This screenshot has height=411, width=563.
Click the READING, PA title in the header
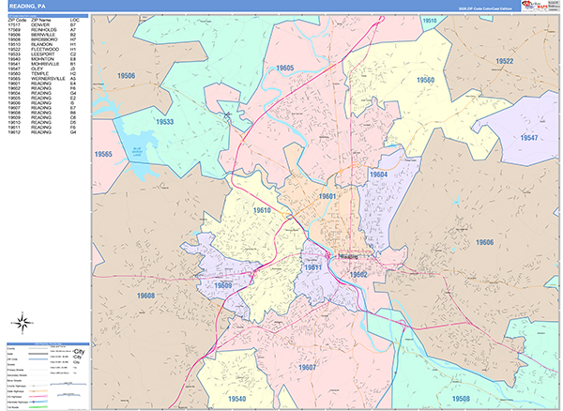pos(26,7)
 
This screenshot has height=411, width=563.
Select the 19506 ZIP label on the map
pos(126,76)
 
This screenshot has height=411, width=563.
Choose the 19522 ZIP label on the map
pos(504,61)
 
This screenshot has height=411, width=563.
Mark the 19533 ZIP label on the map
pos(165,122)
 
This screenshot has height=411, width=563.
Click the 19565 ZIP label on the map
pos(103,154)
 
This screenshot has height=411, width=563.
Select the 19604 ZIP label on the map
pos(379,175)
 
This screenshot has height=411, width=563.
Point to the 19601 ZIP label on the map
pos(327,196)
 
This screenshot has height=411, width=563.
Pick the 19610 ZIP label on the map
pos(261,210)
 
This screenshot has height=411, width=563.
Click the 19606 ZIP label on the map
pos(484,243)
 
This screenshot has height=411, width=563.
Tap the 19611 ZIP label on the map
pos(313,267)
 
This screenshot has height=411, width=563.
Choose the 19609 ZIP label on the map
pos(223,284)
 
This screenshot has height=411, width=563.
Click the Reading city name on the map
pos(348,254)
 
